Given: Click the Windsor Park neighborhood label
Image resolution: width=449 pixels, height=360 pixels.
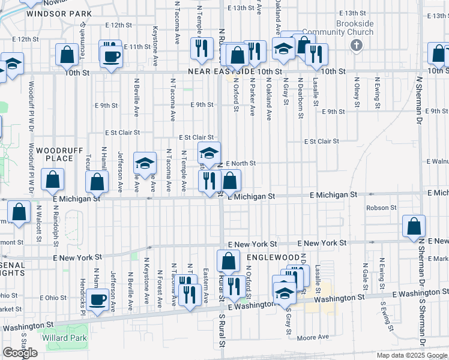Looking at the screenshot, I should point(59,13).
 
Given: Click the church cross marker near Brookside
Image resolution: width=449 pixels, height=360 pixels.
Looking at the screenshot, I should point(356,45).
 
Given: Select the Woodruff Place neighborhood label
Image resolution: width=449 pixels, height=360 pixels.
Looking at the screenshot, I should point(55,154).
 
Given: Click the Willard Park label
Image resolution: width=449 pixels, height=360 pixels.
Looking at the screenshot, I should point(65,338).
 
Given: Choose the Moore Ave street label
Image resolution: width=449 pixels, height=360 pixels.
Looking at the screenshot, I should point(313,338).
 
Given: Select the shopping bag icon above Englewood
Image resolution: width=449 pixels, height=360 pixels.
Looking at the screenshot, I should point(228,261).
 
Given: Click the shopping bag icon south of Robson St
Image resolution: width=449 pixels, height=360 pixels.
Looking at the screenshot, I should point(414,226).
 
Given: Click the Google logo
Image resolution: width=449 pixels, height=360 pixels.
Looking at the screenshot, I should point(20,353).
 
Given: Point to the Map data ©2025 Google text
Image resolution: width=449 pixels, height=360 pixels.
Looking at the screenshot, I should point(412,355).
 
